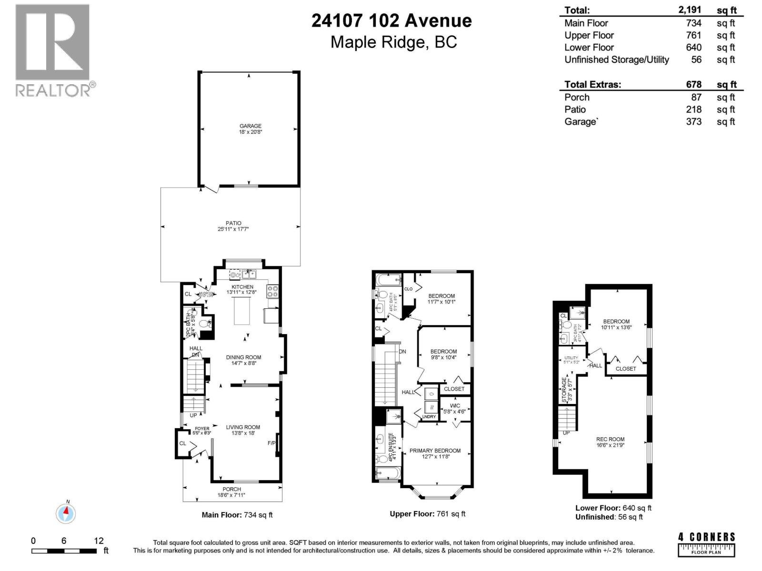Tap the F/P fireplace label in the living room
tap(271, 443)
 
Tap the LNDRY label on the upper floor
tap(429, 417)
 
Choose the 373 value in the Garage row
tap(693, 121)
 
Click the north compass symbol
tap(66, 513)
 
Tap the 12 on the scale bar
tap(99, 541)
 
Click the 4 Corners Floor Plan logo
tap(706, 544)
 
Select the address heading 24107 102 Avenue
tap(391, 20)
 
